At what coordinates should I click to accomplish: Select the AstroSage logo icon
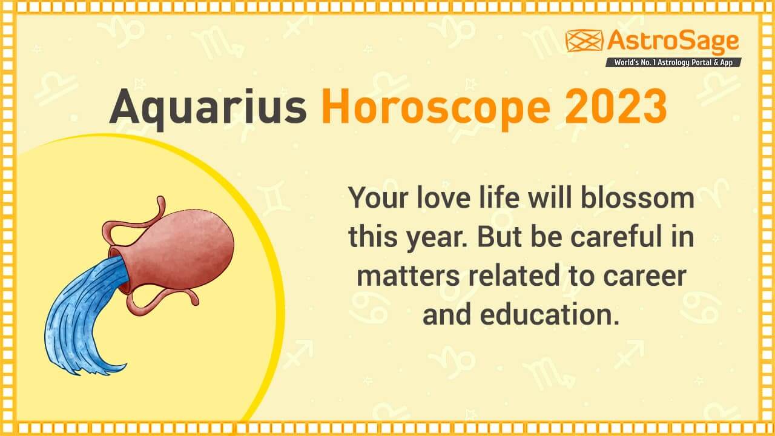pos(584,41)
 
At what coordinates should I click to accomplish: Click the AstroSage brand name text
pos(673,41)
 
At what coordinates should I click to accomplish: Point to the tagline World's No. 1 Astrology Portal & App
pos(673,62)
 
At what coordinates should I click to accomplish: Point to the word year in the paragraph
pos(435,238)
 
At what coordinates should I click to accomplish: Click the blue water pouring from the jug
pos(79,315)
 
